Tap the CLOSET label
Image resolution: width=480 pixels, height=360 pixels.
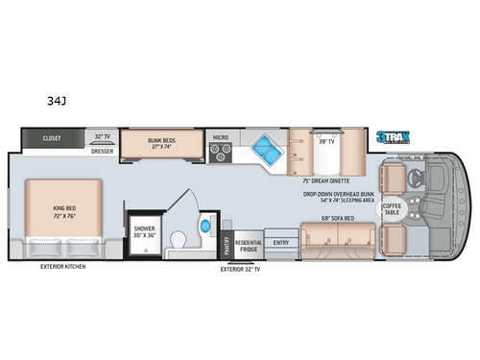pos(52,138)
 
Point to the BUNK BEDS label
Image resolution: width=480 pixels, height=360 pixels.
pos(161,141)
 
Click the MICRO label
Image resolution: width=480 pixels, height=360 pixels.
pos(220,137)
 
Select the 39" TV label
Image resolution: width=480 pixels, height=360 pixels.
pos(325,141)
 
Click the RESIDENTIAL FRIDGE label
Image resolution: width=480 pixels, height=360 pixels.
pos(249,244)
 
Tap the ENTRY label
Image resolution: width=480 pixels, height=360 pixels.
pos(280,243)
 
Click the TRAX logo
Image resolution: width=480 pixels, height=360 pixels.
pos(394,138)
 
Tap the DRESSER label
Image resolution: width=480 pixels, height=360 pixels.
pos(101,151)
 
